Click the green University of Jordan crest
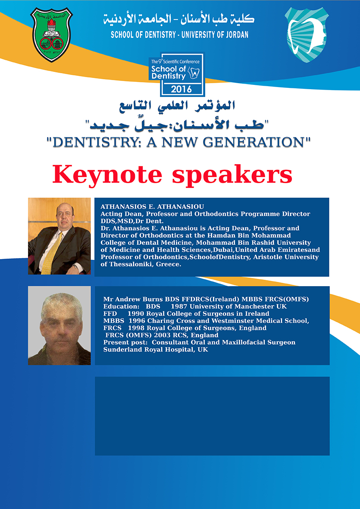(51, 34)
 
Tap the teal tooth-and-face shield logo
(307, 35)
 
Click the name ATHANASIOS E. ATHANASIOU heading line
(152, 207)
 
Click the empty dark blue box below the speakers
(212, 416)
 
